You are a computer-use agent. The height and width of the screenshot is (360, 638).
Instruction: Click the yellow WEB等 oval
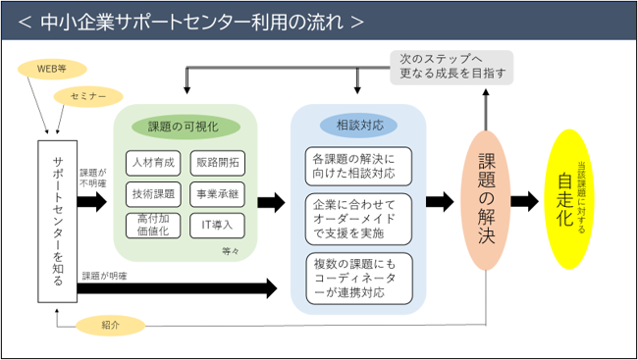[x=52, y=69]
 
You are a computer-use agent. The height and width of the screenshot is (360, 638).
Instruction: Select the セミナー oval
[x=88, y=97]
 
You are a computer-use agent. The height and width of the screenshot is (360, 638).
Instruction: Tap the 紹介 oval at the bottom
[x=111, y=326]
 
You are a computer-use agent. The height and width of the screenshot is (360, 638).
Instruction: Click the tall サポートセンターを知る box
[x=57, y=222]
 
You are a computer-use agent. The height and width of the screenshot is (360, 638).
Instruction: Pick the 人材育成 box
[x=153, y=163]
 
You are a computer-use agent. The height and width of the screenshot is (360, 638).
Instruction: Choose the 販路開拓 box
[x=218, y=163]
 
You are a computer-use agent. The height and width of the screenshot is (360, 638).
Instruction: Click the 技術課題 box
[x=153, y=194]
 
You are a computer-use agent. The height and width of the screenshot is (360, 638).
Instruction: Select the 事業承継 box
[x=218, y=194]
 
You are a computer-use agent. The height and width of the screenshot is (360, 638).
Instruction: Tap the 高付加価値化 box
[x=153, y=226]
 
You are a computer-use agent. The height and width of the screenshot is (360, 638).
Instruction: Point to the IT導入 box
[x=218, y=226]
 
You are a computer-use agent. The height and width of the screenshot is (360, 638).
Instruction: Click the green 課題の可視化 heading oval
[x=186, y=127]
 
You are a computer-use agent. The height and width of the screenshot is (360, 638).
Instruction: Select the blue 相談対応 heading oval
[x=358, y=126]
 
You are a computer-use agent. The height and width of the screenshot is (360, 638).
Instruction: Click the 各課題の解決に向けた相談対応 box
[x=358, y=167]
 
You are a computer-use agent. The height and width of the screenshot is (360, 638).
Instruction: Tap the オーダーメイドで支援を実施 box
[x=358, y=220]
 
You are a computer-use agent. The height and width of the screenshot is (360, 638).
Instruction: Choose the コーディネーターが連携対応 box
[x=359, y=279]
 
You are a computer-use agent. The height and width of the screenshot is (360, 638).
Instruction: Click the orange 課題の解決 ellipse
[x=486, y=200]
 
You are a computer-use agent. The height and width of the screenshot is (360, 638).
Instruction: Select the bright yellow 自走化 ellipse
[x=569, y=199]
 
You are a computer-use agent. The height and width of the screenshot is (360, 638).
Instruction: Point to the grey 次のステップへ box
[x=452, y=68]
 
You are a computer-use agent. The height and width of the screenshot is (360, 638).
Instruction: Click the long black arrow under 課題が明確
[x=177, y=288]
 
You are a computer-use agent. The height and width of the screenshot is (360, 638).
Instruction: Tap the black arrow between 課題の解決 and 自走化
[x=525, y=201]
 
